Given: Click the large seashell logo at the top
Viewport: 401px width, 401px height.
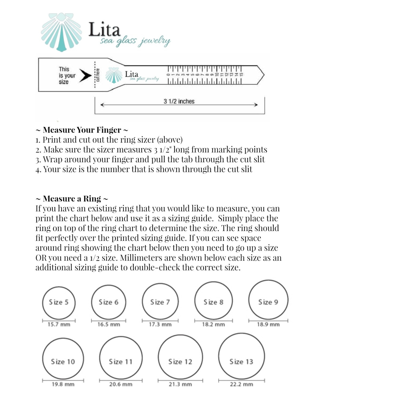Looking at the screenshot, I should coord(62,32).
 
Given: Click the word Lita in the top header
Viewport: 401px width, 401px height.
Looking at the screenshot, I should coord(104,29).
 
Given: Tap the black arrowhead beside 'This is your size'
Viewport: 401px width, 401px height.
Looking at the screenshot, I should coord(85,76).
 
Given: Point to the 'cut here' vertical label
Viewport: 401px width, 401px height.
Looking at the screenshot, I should coord(98,75).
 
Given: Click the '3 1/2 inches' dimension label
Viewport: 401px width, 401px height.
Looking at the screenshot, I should coord(179,101).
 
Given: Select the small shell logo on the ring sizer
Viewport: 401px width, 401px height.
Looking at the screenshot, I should coord(114,75).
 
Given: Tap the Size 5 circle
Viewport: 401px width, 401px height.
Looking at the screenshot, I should coord(59,302).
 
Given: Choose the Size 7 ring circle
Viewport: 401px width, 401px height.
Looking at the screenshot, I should coord(160,302).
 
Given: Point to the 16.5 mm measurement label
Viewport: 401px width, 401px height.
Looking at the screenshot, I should coord(109,325).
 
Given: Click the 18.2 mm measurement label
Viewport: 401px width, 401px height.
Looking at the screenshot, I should coord(213,325).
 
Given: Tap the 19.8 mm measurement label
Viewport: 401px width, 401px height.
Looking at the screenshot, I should coord(63,384).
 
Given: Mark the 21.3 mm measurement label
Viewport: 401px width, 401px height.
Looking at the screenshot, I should coord(180,384).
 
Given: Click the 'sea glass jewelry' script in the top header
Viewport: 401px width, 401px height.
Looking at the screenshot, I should coord(135,41).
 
